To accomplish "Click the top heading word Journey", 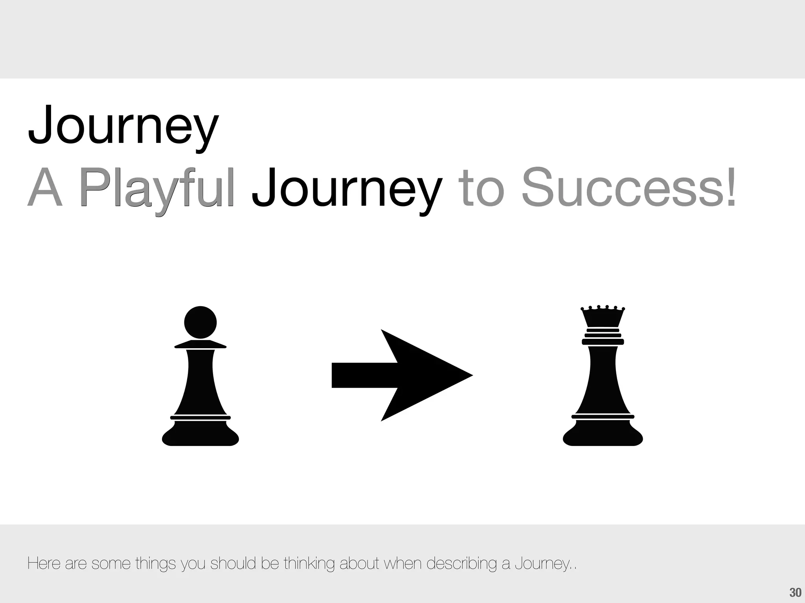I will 123,125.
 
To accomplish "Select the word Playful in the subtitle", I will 156,188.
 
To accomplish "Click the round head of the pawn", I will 200,322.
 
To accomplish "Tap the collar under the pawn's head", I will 200,345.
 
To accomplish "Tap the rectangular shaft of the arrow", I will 364,375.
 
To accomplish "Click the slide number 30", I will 795,592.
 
